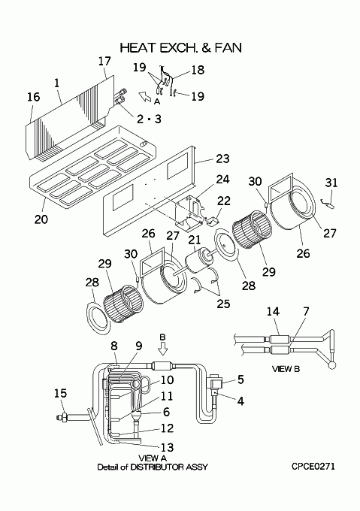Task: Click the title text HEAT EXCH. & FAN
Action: pos(181,47)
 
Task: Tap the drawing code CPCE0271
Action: pos(313,467)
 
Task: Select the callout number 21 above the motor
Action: pos(195,240)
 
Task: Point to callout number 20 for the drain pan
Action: pos(41,219)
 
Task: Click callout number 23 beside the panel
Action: pos(222,159)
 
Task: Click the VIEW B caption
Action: pos(286,369)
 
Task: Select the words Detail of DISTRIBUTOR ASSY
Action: pos(152,467)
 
